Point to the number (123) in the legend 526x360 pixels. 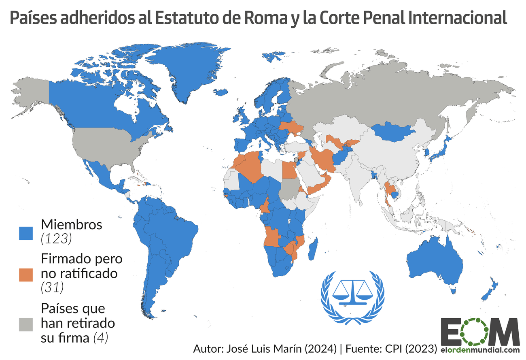(57, 239)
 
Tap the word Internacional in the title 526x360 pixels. (457, 18)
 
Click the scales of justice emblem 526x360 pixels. (352, 298)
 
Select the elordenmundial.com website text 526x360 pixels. (480, 350)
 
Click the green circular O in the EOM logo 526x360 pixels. (480, 331)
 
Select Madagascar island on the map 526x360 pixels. (312, 249)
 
